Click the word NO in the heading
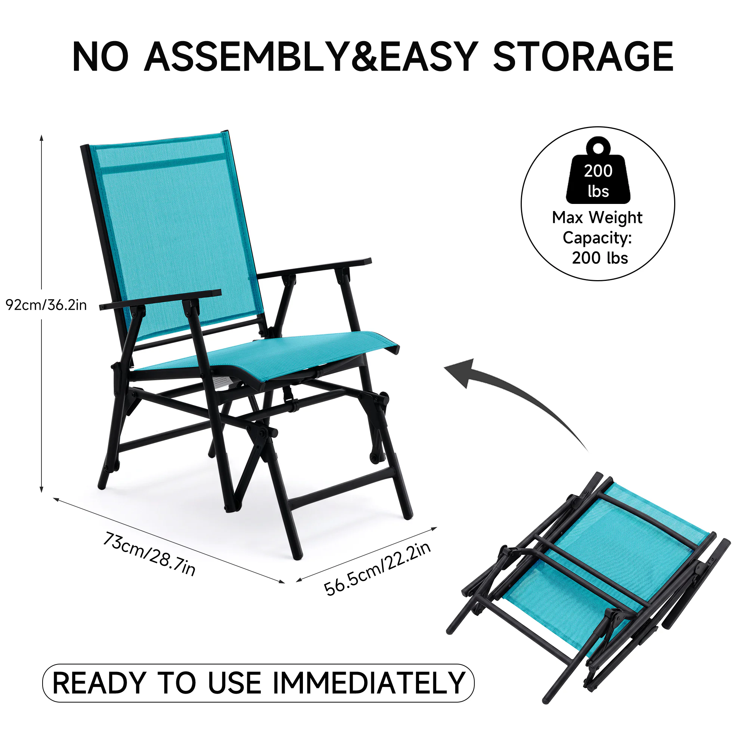coord(100,57)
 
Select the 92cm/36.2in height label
coord(46,306)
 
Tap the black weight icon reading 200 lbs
coord(598,171)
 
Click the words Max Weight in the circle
coord(597,218)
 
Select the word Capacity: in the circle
coord(597,238)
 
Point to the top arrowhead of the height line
coord(41,138)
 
